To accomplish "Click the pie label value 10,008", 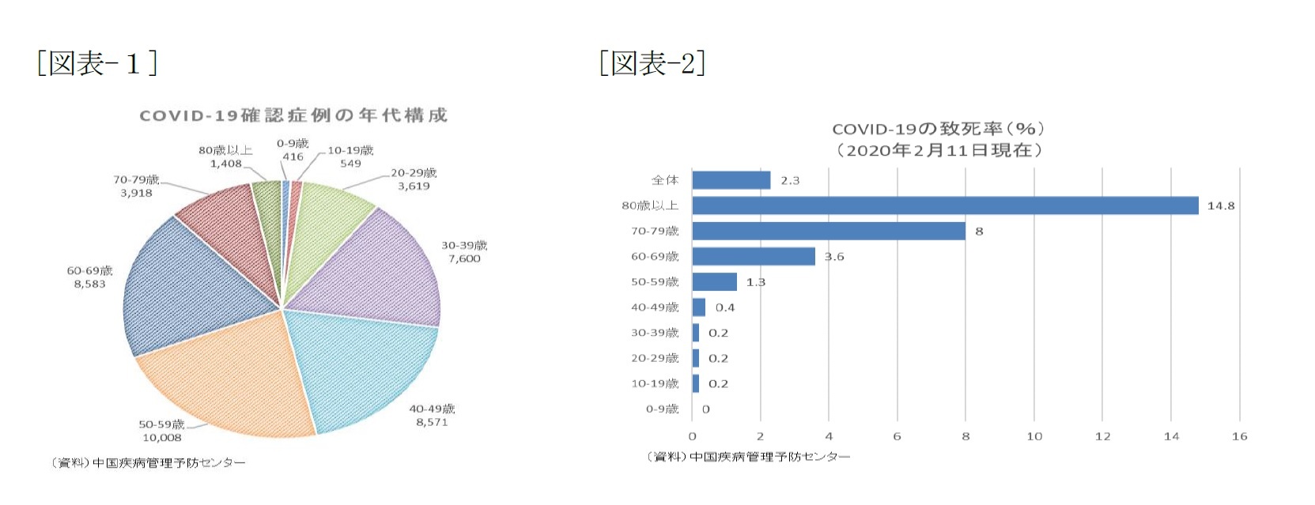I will click(x=161, y=438).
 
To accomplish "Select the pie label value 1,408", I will click(x=225, y=164).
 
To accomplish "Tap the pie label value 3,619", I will click(x=414, y=187).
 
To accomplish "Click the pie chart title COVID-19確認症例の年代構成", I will click(x=293, y=115).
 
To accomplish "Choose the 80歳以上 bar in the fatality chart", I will click(x=945, y=205).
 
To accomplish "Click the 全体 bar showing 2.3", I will click(x=731, y=180).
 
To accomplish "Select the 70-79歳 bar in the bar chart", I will click(x=829, y=231).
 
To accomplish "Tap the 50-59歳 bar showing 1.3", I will click(x=714, y=282).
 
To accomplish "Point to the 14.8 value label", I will click(x=1220, y=206).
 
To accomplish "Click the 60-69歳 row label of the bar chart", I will click(x=655, y=257).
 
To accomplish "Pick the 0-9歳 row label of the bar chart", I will click(x=662, y=409).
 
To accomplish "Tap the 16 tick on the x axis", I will click(x=1239, y=436).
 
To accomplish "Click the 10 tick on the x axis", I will click(x=1034, y=436).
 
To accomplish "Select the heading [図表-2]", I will click(x=652, y=63).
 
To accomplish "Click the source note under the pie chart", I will click(x=149, y=463).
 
